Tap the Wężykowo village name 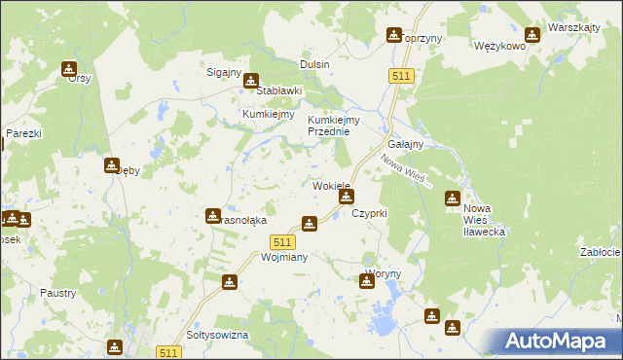tap(499, 46)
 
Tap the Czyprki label tap(370, 212)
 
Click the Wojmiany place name tap(258, 258)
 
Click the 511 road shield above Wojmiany tap(283, 241)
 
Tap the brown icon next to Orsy tap(69, 68)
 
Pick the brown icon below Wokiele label tap(346, 198)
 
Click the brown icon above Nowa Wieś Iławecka tap(453, 198)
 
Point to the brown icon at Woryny tap(367, 280)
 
